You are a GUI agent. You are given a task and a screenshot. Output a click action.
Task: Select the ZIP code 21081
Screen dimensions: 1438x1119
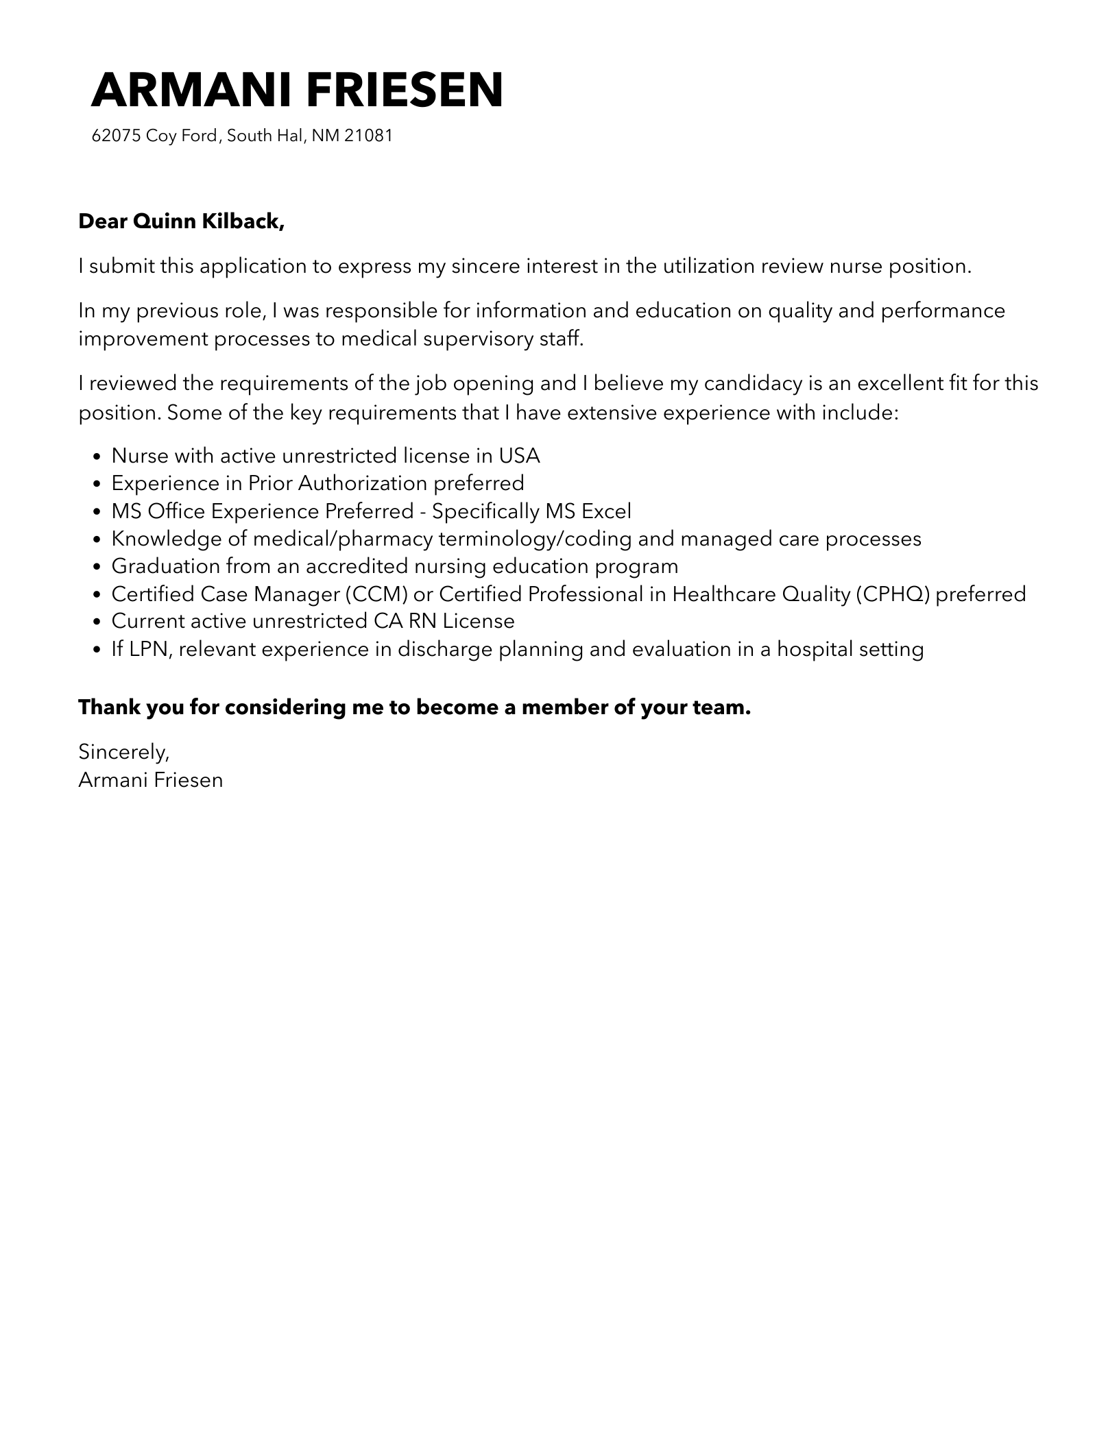tap(368, 136)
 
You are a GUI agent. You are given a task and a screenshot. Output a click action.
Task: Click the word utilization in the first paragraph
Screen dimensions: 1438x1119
tap(708, 266)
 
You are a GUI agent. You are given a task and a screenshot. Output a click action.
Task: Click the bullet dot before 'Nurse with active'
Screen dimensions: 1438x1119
tap(97, 456)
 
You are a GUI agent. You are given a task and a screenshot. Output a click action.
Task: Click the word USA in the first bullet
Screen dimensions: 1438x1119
tap(519, 456)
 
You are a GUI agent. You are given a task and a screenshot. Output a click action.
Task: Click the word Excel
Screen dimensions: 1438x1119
tap(606, 511)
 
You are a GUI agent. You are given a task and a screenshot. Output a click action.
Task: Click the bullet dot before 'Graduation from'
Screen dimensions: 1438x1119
tap(97, 567)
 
